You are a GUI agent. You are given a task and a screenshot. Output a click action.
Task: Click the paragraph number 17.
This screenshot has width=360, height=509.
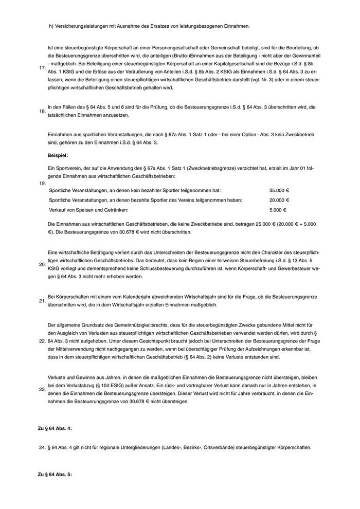click(42, 67)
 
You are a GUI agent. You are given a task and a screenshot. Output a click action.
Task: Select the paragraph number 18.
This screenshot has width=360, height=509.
click(42, 111)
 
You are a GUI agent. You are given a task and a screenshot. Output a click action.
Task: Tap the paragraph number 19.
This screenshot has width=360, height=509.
click(42, 183)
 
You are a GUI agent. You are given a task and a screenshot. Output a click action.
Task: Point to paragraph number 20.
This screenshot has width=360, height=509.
click(42, 265)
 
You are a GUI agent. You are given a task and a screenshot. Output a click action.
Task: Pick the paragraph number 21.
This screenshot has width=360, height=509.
click(42, 301)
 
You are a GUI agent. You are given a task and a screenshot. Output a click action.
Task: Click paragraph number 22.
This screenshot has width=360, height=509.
click(42, 341)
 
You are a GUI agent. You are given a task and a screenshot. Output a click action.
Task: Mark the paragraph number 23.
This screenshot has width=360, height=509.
click(42, 389)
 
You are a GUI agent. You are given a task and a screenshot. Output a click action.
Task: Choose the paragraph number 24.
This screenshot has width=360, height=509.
click(42, 448)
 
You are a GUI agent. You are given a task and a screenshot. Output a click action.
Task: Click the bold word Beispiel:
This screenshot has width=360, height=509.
click(58, 155)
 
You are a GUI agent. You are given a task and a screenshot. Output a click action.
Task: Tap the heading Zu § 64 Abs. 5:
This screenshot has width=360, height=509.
click(55, 474)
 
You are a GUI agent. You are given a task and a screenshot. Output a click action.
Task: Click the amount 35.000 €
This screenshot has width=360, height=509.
click(279, 190)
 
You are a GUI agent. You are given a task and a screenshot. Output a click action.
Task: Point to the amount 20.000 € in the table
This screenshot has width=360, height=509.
click(279, 200)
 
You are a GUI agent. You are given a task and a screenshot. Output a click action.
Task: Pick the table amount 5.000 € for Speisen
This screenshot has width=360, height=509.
click(278, 210)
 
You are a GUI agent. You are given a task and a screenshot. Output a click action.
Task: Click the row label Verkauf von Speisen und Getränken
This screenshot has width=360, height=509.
click(88, 210)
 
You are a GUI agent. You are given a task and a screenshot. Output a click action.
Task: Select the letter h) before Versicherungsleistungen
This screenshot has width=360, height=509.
click(51, 26)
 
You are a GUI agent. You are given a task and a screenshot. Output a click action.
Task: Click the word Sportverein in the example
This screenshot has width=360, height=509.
click(69, 169)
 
